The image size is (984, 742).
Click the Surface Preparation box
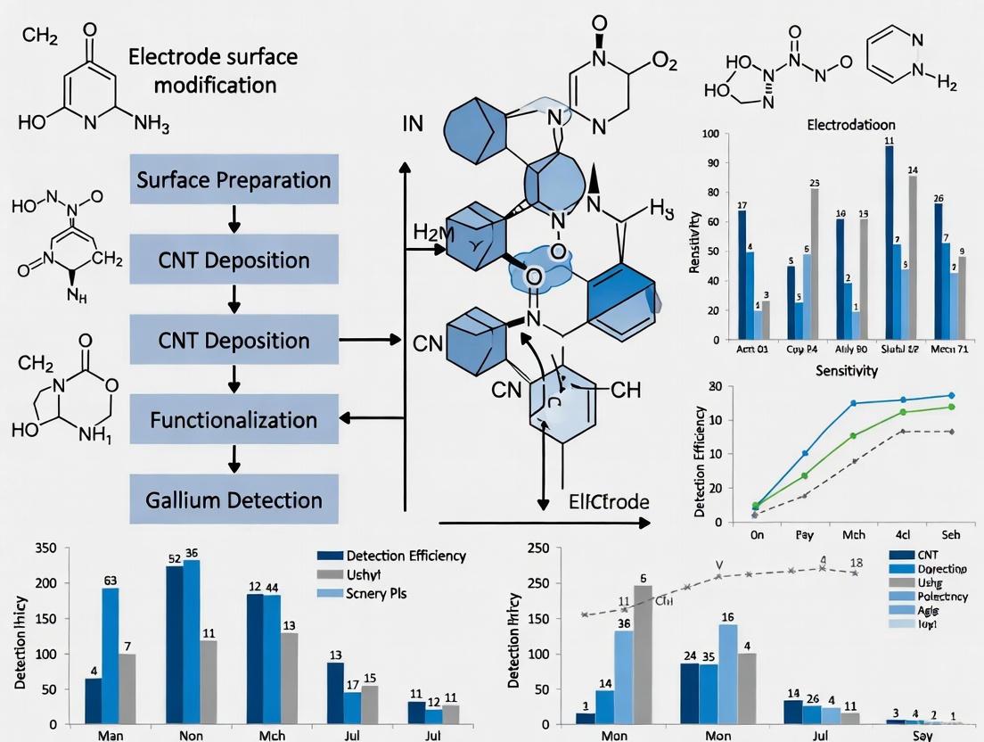234,180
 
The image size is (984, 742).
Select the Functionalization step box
234,419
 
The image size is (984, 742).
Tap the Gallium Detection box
234,499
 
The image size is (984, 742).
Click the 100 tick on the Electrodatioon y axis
710,135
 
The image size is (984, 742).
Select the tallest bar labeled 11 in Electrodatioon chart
889,241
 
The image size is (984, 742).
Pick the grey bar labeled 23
815,263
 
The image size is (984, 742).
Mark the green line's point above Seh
951,407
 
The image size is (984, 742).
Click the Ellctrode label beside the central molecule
609,501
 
